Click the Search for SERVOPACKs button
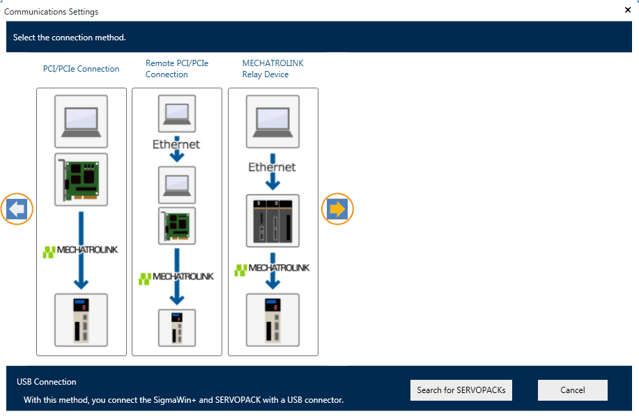[461, 390]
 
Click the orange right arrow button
[337, 209]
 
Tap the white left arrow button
[18, 209]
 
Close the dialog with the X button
[627, 10]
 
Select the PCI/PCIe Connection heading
[81, 69]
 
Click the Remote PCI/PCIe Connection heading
[177, 69]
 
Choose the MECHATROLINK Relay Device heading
[273, 69]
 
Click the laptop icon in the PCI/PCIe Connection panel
[81, 120]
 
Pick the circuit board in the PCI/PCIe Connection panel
[81, 178]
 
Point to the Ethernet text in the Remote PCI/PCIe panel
[177, 144]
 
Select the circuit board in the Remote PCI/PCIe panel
[177, 225]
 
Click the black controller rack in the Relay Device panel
[273, 221]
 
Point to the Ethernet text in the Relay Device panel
[272, 167]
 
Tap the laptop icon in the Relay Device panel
[273, 120]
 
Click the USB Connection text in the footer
[47, 382]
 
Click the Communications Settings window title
[52, 12]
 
